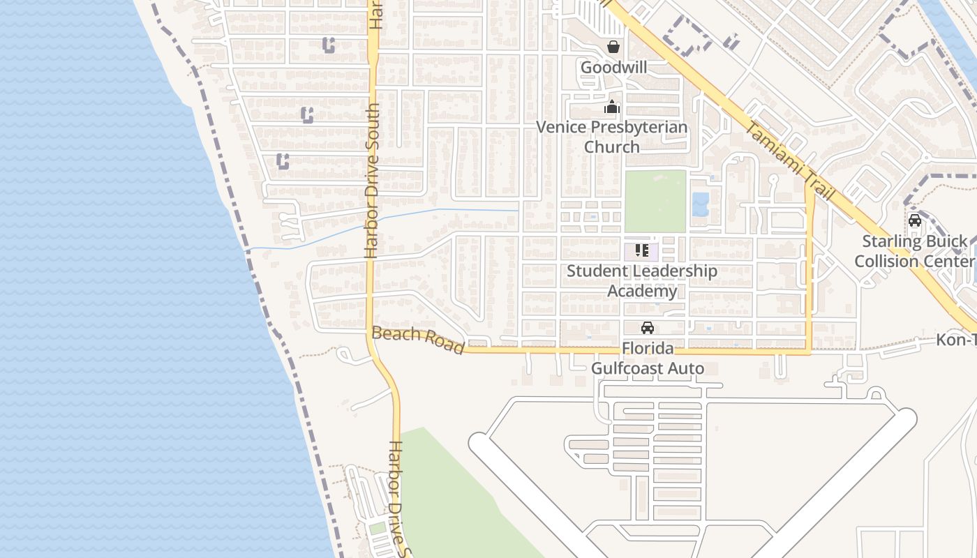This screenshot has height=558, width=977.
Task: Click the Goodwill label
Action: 613,68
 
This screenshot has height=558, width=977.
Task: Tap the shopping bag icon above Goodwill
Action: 613,47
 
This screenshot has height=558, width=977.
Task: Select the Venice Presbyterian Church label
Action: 611,137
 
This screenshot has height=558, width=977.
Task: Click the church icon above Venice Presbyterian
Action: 612,107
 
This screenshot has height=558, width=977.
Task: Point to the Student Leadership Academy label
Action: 641,280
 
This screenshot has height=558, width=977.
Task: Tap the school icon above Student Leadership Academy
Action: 642,250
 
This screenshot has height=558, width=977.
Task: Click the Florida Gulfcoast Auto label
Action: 647,358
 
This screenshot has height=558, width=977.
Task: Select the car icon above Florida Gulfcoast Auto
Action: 648,327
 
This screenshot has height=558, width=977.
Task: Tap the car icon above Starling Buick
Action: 914,220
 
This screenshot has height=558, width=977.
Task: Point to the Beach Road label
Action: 418,340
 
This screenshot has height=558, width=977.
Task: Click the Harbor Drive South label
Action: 372,181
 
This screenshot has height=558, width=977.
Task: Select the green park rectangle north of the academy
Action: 655,201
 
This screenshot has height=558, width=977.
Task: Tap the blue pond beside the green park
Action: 699,204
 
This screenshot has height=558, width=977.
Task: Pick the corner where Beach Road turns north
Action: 810,352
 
